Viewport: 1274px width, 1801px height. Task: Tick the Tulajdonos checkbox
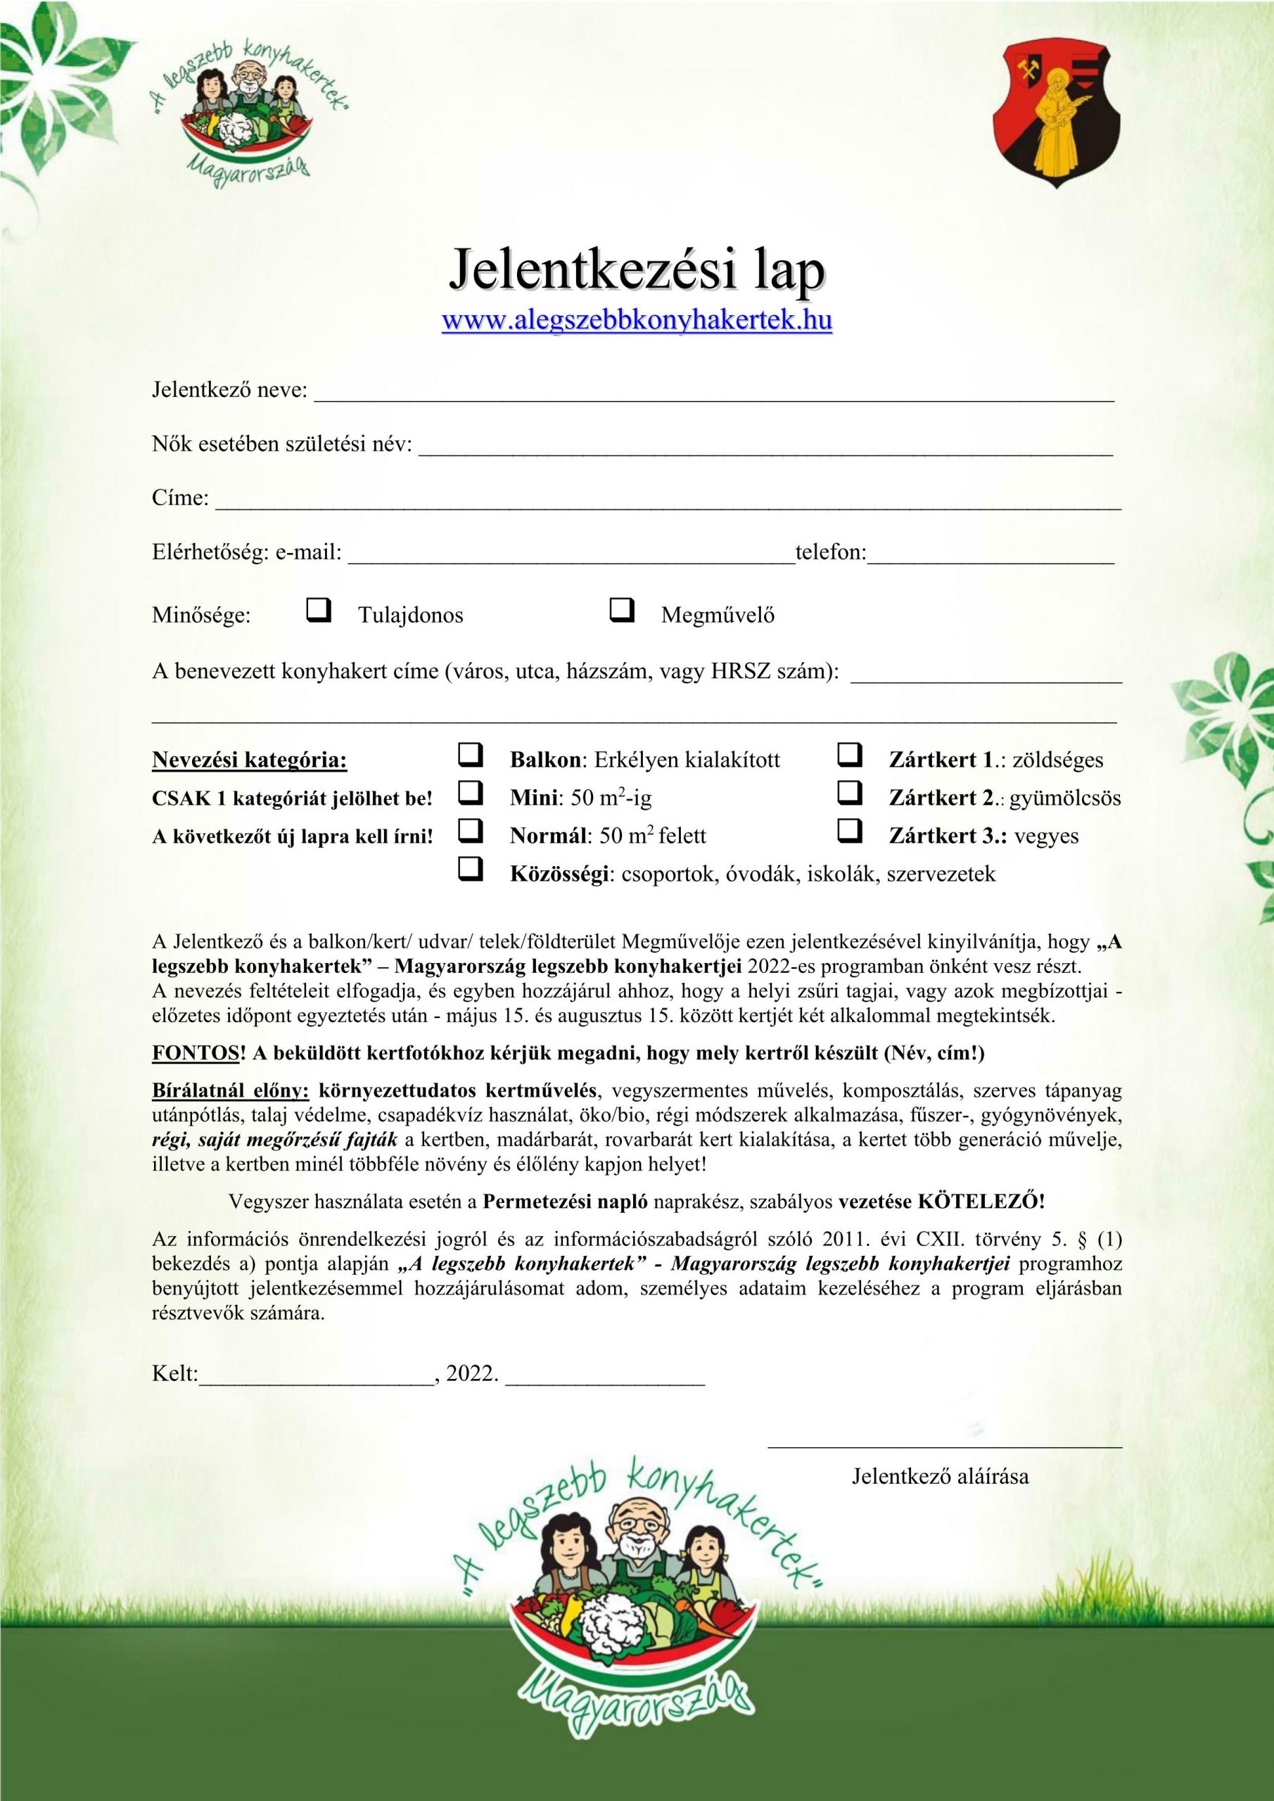pos(318,609)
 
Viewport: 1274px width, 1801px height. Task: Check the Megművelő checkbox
pos(621,609)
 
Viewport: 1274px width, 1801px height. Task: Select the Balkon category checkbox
pos(470,755)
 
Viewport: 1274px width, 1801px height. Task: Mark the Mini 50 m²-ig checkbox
pos(470,793)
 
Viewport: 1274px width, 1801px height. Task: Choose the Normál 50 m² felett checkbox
pos(470,831)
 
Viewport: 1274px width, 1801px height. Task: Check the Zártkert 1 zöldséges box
pos(850,755)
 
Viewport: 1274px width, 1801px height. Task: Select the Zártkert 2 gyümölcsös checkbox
pos(850,793)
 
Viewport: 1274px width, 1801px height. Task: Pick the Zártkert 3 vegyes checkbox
pos(850,831)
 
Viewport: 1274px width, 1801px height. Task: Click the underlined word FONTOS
pos(195,1052)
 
